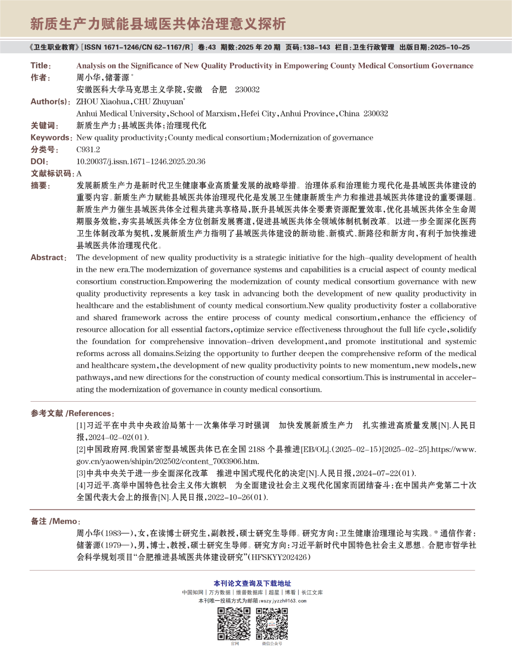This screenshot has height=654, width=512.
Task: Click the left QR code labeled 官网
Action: point(234,624)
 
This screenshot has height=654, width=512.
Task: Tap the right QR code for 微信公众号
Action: point(272,624)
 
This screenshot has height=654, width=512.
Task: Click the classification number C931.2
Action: point(88,150)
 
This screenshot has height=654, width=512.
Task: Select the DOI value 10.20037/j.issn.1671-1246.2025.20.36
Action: point(141,162)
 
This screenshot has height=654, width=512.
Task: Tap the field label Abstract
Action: point(48,258)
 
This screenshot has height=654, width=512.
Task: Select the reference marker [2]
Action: point(81,449)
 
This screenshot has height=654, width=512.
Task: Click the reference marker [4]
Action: point(81,485)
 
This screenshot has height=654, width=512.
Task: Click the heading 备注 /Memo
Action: point(55,521)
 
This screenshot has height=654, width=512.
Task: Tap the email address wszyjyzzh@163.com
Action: point(283,600)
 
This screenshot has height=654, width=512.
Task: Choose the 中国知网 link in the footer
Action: point(192,592)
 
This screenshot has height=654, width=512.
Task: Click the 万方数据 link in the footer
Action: point(220,592)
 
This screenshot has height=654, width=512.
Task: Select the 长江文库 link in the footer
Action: point(312,592)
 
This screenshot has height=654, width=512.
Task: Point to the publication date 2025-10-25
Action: point(450,47)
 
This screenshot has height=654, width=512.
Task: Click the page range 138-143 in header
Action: point(316,47)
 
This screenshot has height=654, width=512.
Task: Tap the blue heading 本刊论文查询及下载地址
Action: point(252,584)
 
